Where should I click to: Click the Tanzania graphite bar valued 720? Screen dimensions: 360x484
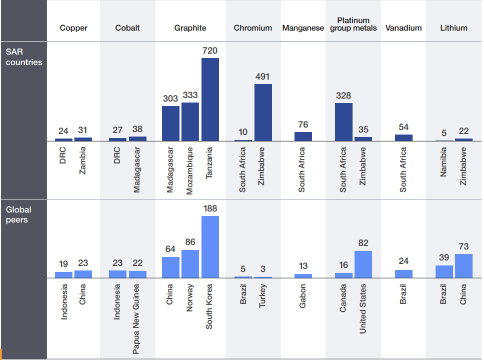click(x=210, y=99)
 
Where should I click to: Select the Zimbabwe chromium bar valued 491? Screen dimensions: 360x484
click(x=263, y=112)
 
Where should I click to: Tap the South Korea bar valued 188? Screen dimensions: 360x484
click(x=210, y=247)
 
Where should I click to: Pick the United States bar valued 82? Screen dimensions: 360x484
click(x=363, y=264)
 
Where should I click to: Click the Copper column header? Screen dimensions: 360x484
click(x=74, y=28)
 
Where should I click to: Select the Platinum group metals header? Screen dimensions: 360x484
click(x=354, y=24)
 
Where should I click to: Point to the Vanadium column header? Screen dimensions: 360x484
click(x=403, y=28)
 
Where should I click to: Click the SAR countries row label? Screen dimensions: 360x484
click(x=24, y=57)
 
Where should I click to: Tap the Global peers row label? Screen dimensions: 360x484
click(x=18, y=215)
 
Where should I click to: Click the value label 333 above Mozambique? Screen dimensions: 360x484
click(x=190, y=95)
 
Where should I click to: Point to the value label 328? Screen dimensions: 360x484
click(x=343, y=95)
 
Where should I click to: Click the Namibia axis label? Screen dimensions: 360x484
click(x=444, y=162)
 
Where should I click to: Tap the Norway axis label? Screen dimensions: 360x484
click(x=190, y=297)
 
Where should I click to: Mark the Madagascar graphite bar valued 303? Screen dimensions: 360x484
click(x=171, y=123)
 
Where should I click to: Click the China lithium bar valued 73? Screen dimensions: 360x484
click(x=464, y=266)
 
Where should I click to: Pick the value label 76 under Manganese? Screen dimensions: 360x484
click(x=303, y=125)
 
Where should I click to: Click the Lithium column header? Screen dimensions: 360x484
click(x=453, y=28)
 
